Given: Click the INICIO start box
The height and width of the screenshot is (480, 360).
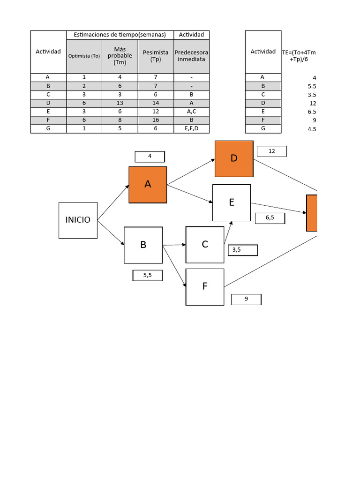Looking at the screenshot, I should (x=78, y=220).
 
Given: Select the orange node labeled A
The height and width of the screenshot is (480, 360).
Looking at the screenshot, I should (x=148, y=185).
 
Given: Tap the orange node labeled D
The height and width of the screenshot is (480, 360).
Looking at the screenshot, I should (x=234, y=158).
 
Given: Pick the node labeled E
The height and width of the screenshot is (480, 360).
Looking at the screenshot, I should (x=232, y=202).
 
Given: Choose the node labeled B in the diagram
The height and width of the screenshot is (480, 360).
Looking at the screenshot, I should (x=143, y=245).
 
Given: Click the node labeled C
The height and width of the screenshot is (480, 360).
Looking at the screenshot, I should (x=205, y=245).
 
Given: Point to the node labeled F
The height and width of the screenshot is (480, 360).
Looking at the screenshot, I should (x=205, y=286).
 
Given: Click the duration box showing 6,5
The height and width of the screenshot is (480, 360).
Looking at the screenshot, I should (x=270, y=218).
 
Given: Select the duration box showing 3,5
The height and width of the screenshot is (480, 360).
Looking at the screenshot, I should (x=242, y=250).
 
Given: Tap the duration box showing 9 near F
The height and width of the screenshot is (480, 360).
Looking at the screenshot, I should (x=246, y=299).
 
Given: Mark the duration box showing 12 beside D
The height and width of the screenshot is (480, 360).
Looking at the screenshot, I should (x=271, y=151).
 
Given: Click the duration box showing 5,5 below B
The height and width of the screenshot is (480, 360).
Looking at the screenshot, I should (x=148, y=276).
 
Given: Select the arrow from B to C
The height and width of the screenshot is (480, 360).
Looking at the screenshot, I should (x=174, y=245).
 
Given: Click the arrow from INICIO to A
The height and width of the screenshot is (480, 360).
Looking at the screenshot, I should (x=113, y=202).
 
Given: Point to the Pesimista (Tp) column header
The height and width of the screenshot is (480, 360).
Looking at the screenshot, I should (x=156, y=56).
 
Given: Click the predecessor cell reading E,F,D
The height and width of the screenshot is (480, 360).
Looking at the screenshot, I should (x=191, y=128).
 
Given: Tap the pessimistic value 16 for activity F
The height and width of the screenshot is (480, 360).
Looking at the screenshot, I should (x=156, y=120).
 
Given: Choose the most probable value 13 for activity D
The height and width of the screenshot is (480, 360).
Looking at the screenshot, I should (x=120, y=103).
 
